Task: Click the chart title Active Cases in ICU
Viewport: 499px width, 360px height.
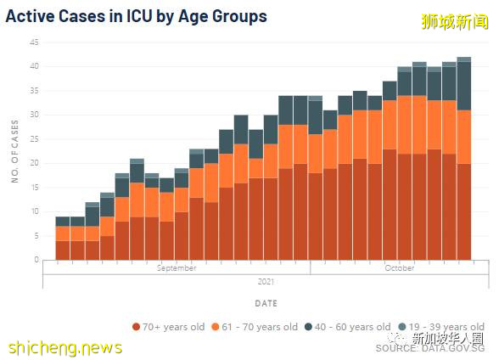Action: [137, 16]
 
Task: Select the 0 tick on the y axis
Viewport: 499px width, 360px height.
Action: [36, 260]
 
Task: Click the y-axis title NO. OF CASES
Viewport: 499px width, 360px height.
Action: [15, 151]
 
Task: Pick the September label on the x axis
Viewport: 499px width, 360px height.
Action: [177, 268]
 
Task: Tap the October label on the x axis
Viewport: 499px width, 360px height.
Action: [399, 268]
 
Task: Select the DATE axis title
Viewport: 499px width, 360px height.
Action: [265, 303]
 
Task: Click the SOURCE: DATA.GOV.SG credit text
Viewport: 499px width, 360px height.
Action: [430, 348]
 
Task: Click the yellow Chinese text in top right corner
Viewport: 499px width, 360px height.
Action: [454, 21]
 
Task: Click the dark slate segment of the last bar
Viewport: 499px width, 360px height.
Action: [464, 85]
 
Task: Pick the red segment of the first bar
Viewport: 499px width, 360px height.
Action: [63, 250]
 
